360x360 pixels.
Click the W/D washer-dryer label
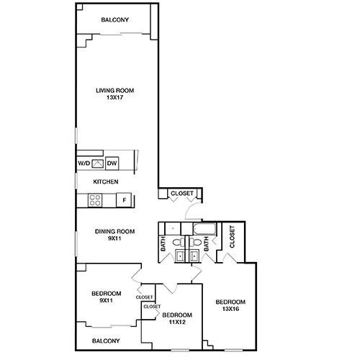(x=83, y=163)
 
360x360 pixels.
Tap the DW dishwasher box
(x=112, y=163)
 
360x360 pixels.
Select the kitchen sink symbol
(x=97, y=163)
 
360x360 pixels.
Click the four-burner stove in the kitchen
(x=95, y=201)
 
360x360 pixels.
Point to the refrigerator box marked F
(x=124, y=200)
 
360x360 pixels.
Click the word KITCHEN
(x=105, y=182)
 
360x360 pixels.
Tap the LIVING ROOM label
(x=115, y=91)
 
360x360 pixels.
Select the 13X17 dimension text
(x=115, y=98)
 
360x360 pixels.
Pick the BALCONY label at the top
(x=115, y=20)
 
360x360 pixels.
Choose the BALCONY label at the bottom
(x=106, y=341)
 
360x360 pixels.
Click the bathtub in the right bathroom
(x=204, y=230)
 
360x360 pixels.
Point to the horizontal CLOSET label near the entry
(x=181, y=193)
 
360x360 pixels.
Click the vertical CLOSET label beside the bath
(x=232, y=237)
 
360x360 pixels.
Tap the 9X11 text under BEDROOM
(x=106, y=300)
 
